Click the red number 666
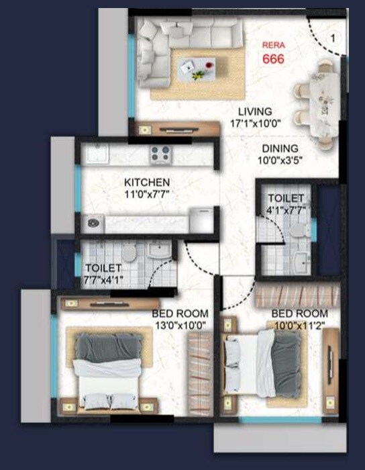tap(274, 59)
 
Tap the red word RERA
tap(274, 46)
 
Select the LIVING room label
tap(254, 111)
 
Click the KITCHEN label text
tap(146, 182)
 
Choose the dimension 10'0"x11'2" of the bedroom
tap(299, 326)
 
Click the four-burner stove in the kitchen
tap(160, 154)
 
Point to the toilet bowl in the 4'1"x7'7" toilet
tap(299, 230)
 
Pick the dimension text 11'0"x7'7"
tap(146, 195)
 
